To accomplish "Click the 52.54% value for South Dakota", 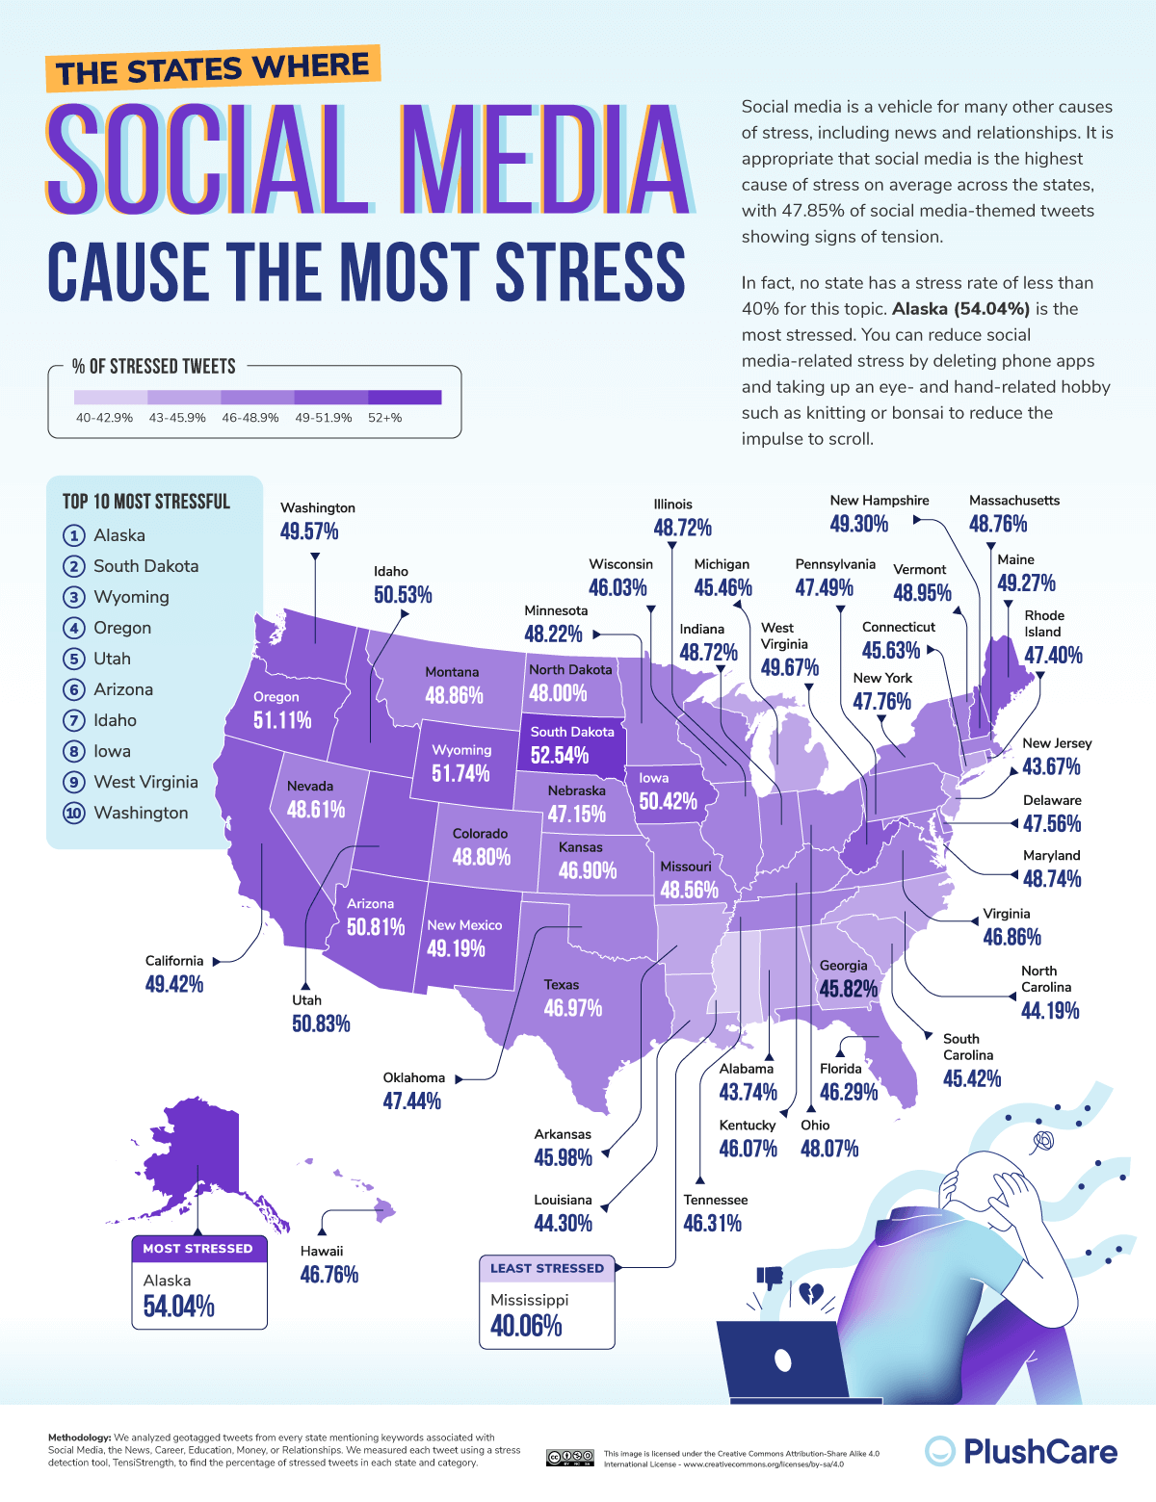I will [559, 755].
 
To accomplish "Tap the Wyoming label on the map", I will [461, 750].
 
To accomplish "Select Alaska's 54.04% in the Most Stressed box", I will [179, 1307].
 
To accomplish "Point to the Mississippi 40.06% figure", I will [526, 1326].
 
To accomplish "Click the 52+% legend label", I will [385, 418].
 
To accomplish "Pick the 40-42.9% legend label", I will [104, 418].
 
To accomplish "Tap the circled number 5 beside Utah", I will [74, 660].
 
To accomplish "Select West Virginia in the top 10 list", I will [145, 782].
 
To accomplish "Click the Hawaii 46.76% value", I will [329, 1275].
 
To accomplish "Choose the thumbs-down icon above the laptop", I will [770, 1278].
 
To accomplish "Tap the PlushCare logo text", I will [1040, 1452].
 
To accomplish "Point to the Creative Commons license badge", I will [569, 1457].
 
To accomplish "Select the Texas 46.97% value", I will [573, 1008].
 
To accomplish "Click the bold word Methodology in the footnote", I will [79, 1437].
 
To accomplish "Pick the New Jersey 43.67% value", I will [1051, 766].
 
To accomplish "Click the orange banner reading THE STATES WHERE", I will [212, 68].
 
